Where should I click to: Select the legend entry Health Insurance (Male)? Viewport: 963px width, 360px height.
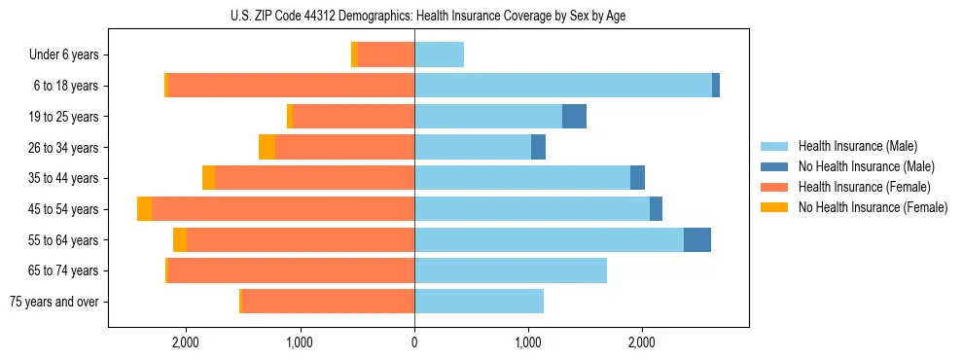click(x=857, y=146)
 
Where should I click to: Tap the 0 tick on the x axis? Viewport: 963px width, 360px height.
click(x=414, y=342)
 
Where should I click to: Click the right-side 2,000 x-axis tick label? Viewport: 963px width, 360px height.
click(x=642, y=342)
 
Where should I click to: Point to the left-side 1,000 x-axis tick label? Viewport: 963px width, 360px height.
click(x=300, y=342)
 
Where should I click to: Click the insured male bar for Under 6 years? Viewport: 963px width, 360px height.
click(x=439, y=54)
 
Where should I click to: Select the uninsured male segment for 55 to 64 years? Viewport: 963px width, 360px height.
click(x=697, y=240)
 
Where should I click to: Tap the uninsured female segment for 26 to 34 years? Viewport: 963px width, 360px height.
click(x=267, y=147)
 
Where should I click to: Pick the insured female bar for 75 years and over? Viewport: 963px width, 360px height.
click(x=329, y=302)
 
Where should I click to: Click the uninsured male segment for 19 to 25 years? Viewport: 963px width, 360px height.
click(x=574, y=117)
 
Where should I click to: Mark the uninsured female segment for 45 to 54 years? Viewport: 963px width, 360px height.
click(x=144, y=209)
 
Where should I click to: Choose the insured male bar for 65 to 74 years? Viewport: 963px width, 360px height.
click(x=511, y=270)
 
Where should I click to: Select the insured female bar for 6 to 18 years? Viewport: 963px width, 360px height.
click(x=291, y=86)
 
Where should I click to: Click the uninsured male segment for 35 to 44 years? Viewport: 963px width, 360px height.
click(x=637, y=178)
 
